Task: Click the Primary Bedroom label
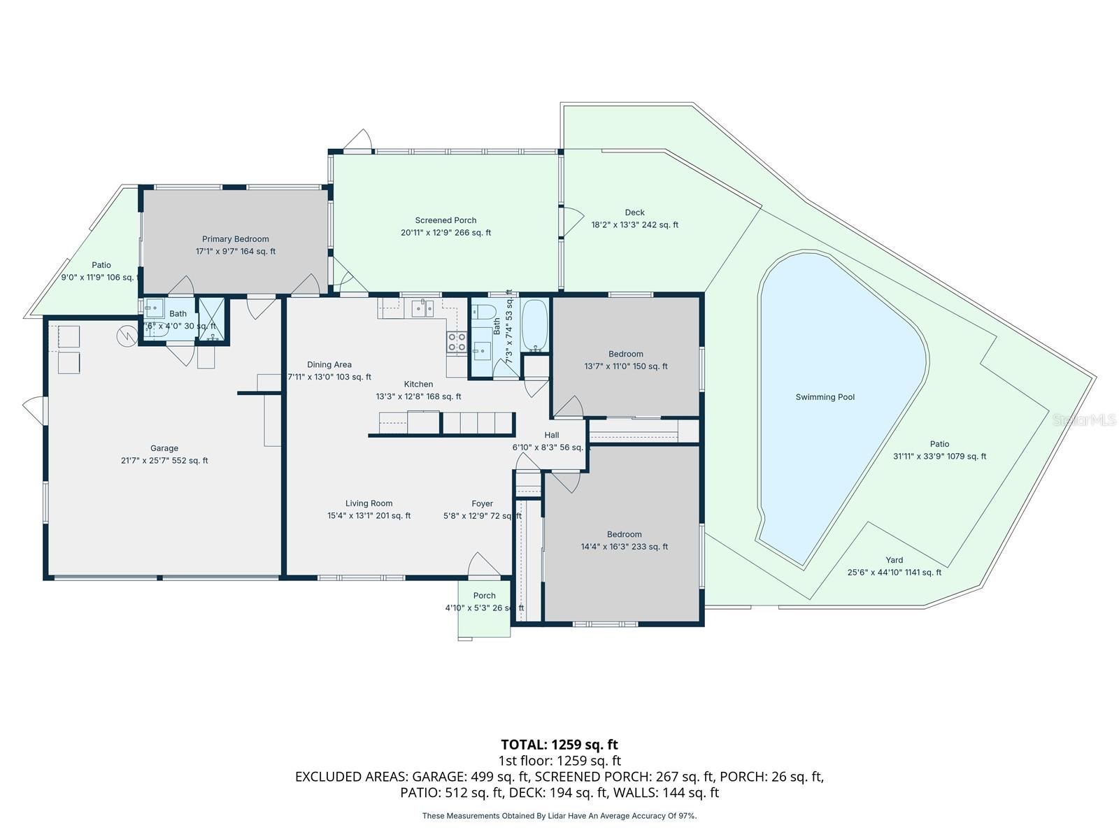(x=236, y=239)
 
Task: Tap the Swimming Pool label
(x=825, y=397)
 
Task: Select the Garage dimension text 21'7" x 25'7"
(x=164, y=461)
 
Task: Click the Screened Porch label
(x=446, y=220)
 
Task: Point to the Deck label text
(x=634, y=213)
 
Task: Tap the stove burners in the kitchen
(x=457, y=342)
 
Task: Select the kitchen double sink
(x=422, y=308)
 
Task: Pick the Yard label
(x=894, y=560)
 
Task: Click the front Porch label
(x=484, y=596)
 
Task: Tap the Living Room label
(x=369, y=503)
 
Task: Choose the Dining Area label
(x=329, y=365)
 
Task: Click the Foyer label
(x=482, y=503)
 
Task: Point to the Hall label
(x=552, y=435)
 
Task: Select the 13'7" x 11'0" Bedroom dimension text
(x=626, y=366)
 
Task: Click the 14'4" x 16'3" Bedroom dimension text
(x=625, y=547)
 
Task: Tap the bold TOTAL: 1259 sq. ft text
(x=559, y=745)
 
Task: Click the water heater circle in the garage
(x=127, y=336)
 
